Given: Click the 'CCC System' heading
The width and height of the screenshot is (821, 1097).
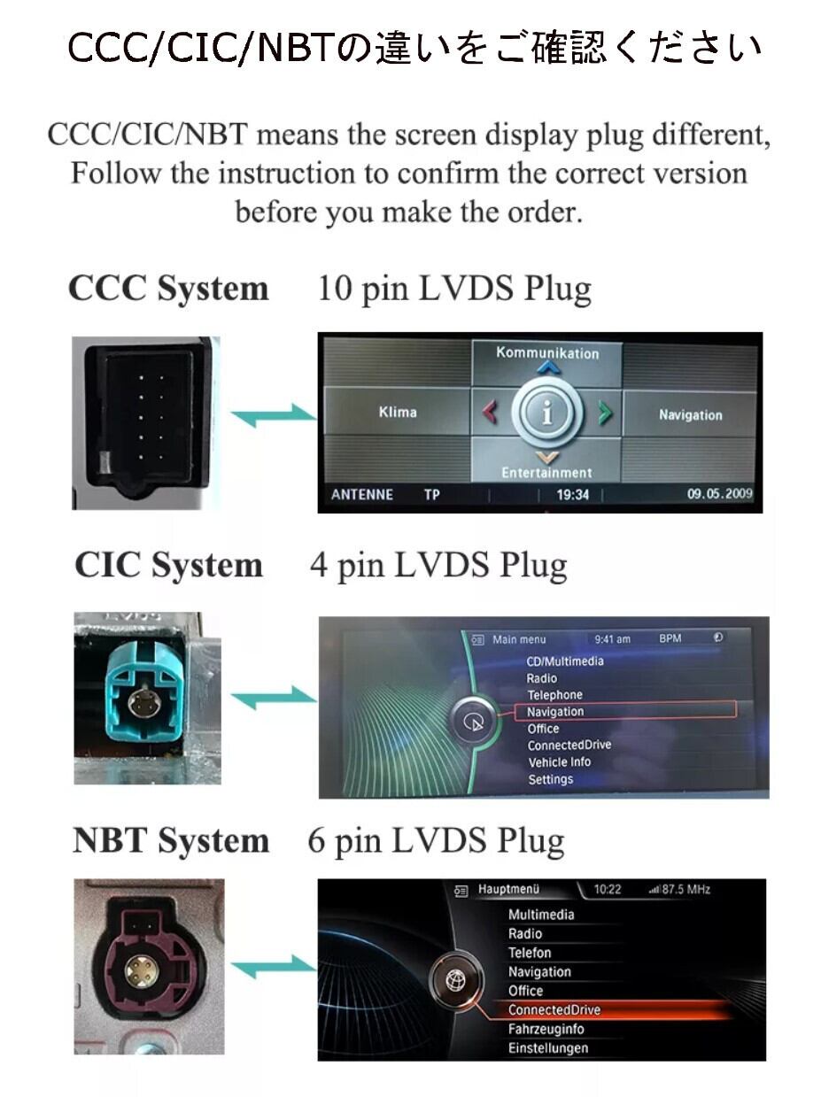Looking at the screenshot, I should pyautogui.click(x=168, y=289).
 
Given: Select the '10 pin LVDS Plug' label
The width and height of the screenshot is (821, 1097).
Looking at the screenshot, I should pyautogui.click(x=453, y=289).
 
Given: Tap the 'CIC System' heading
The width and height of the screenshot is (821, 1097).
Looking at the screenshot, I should pyautogui.click(x=168, y=565).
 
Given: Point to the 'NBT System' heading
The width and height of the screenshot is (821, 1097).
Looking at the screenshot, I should pyautogui.click(x=170, y=840).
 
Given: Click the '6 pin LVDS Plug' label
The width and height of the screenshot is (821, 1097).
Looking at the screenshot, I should pyautogui.click(x=436, y=840).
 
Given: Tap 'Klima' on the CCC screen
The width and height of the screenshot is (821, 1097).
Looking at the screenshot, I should pyautogui.click(x=397, y=412).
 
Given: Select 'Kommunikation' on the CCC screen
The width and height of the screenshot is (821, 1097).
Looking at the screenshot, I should pyautogui.click(x=547, y=353).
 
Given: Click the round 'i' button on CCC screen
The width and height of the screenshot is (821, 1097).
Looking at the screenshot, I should pyautogui.click(x=547, y=413).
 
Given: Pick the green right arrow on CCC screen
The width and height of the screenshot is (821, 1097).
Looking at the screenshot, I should pyautogui.click(x=606, y=413).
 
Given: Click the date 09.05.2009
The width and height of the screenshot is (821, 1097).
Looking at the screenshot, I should pyautogui.click(x=718, y=494).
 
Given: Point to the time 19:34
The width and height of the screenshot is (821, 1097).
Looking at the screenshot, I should pyautogui.click(x=572, y=494).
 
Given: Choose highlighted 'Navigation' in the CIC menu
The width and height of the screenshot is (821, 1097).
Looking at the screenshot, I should pyautogui.click(x=555, y=711).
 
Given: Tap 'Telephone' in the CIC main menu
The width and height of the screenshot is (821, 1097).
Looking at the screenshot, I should pyautogui.click(x=555, y=695).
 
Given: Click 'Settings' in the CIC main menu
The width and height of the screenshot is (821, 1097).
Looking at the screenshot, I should pyautogui.click(x=551, y=779).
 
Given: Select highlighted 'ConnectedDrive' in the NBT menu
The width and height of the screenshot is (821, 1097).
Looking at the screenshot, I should pyautogui.click(x=554, y=1009).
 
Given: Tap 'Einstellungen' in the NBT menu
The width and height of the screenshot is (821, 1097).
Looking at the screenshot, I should pyautogui.click(x=548, y=1047).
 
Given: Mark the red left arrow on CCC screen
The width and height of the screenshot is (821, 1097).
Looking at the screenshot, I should pyautogui.click(x=489, y=413).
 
